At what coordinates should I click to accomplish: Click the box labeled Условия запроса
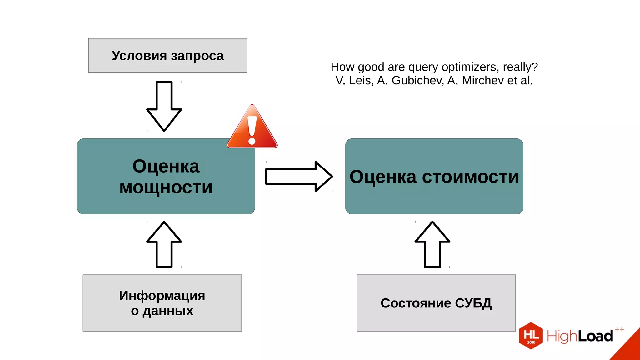[168, 56]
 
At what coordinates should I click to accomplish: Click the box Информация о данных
[162, 303]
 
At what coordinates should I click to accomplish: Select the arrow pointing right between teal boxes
[298, 177]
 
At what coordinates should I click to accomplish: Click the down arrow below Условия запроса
[164, 106]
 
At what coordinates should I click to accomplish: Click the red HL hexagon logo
[531, 336]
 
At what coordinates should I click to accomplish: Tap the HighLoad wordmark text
[580, 336]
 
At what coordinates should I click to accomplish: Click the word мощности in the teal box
[166, 187]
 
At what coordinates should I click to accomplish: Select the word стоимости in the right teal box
[470, 177]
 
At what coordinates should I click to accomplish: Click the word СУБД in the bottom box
[473, 303]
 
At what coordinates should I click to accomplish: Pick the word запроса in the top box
[197, 56]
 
